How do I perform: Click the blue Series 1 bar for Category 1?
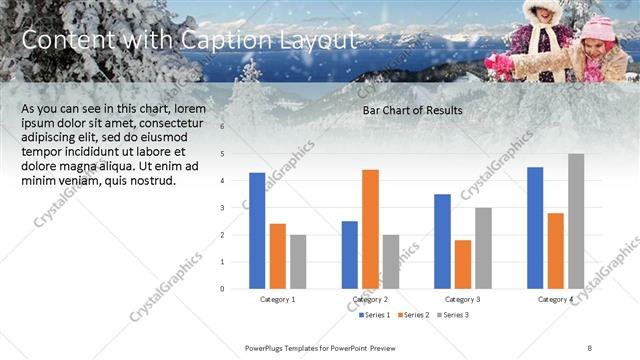[257, 231]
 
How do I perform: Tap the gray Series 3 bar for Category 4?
[576, 221]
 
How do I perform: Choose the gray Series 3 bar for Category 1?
[298, 261]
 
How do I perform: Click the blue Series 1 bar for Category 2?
[349, 255]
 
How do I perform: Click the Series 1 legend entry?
[375, 315]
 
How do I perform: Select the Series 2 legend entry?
[413, 315]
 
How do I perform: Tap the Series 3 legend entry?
[451, 315]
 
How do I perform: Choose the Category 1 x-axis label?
[278, 299]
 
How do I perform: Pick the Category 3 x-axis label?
[462, 299]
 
